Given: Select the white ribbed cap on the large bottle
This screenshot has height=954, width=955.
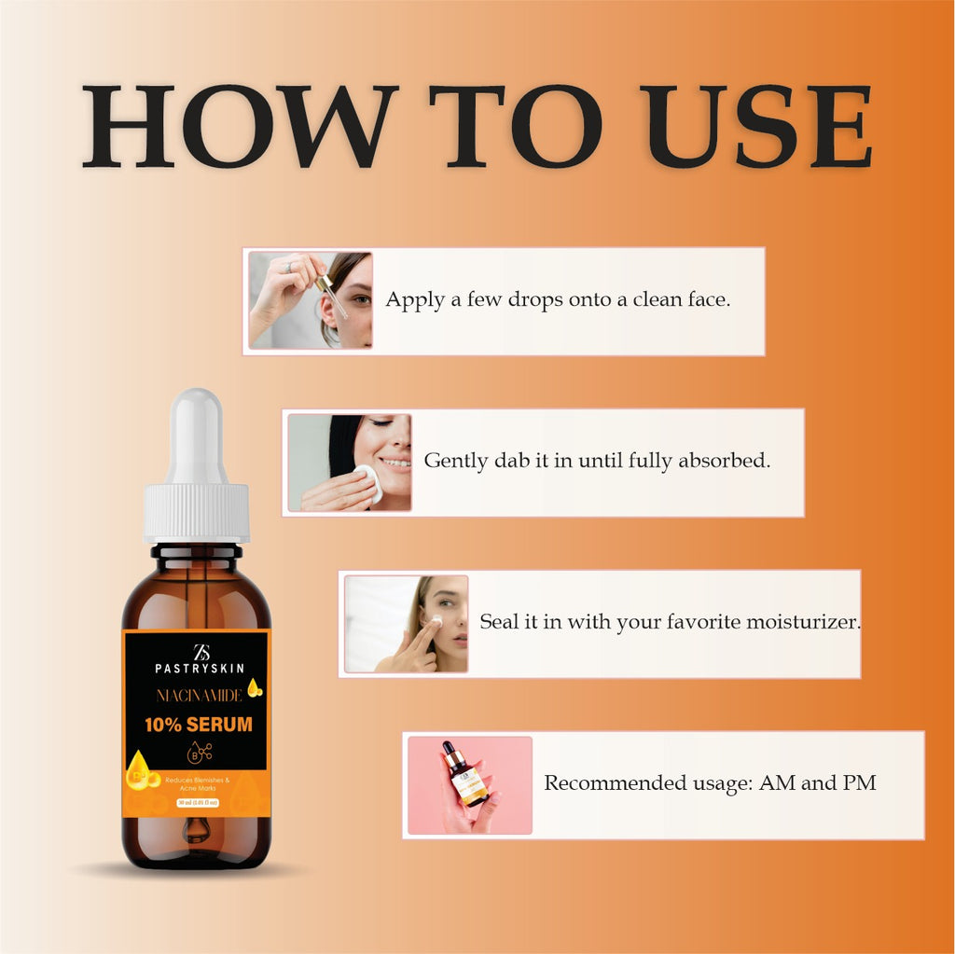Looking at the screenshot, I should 197,512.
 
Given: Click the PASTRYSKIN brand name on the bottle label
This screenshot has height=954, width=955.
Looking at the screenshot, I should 200,668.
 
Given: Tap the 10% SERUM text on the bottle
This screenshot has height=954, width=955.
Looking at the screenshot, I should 197,725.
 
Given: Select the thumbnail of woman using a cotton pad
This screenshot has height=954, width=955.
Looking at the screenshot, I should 350,462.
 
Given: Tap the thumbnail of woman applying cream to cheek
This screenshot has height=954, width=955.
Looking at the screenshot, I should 407,623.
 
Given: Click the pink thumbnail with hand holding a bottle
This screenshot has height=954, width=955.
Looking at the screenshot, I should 470,784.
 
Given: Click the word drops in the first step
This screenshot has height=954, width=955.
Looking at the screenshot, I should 529,300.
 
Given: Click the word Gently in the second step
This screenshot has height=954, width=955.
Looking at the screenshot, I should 456,462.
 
